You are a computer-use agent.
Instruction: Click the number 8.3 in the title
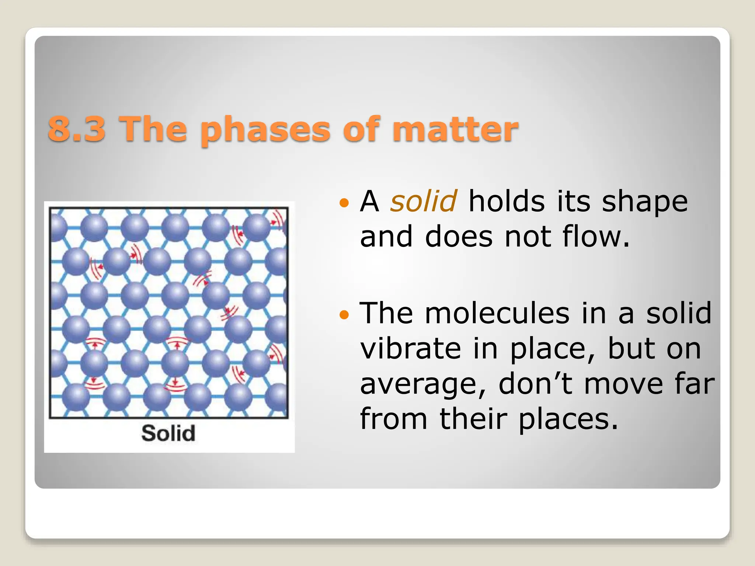[77, 129]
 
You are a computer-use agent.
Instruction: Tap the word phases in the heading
[265, 130]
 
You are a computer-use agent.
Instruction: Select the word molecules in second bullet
[497, 313]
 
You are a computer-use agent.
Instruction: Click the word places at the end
[568, 419]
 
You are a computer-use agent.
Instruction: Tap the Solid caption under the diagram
[168, 433]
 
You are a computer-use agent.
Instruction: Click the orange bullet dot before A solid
[344, 202]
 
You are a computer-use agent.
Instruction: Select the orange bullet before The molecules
[344, 314]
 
